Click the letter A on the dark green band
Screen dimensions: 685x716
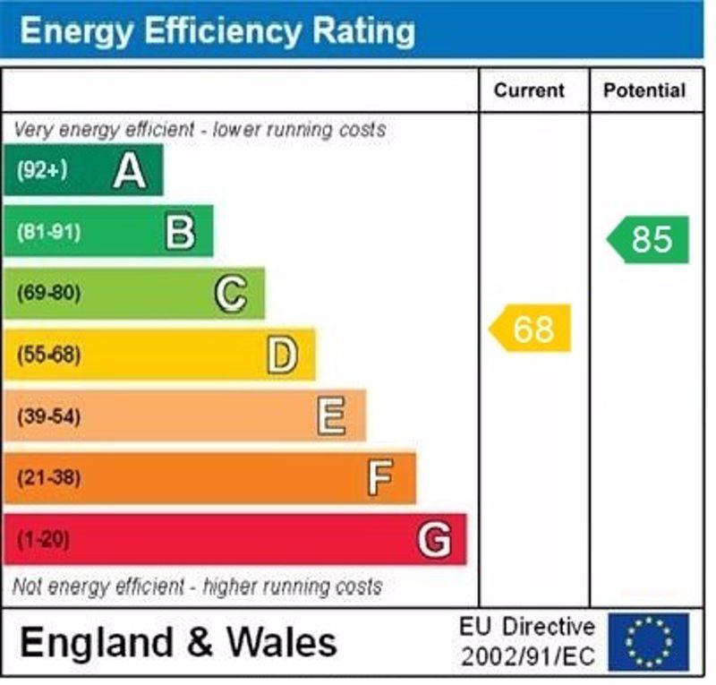(x=130, y=170)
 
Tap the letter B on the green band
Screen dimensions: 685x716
(x=180, y=232)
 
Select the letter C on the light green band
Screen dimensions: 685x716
(x=231, y=294)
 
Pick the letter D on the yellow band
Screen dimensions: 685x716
(x=281, y=355)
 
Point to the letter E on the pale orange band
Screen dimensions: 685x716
(x=331, y=416)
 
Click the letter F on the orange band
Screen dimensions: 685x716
(x=380, y=478)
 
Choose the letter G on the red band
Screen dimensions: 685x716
(x=434, y=540)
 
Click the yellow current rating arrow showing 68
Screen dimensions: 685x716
(x=531, y=329)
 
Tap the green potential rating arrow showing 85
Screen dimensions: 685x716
(x=649, y=239)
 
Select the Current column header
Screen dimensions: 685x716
(x=529, y=90)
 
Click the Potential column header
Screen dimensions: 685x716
(x=644, y=90)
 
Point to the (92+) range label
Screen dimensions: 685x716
(x=42, y=170)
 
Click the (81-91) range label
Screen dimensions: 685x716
(x=48, y=232)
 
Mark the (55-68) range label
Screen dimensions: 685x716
(x=48, y=355)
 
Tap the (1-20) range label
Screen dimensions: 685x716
(x=43, y=540)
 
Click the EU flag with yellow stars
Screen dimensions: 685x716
(x=649, y=641)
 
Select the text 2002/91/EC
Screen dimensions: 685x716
(x=526, y=657)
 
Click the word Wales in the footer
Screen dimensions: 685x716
(x=281, y=642)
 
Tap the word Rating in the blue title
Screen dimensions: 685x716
(x=362, y=30)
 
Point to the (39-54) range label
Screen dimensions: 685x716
(x=48, y=416)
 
